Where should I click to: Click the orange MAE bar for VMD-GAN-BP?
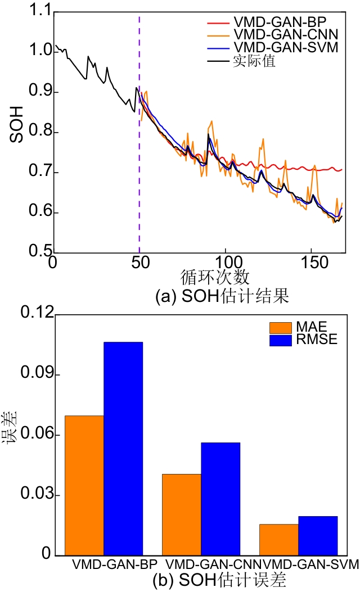point(84,486)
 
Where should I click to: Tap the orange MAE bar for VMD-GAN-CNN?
point(181,515)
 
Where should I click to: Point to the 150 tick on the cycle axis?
point(311,264)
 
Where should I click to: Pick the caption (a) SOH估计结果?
point(222,296)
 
